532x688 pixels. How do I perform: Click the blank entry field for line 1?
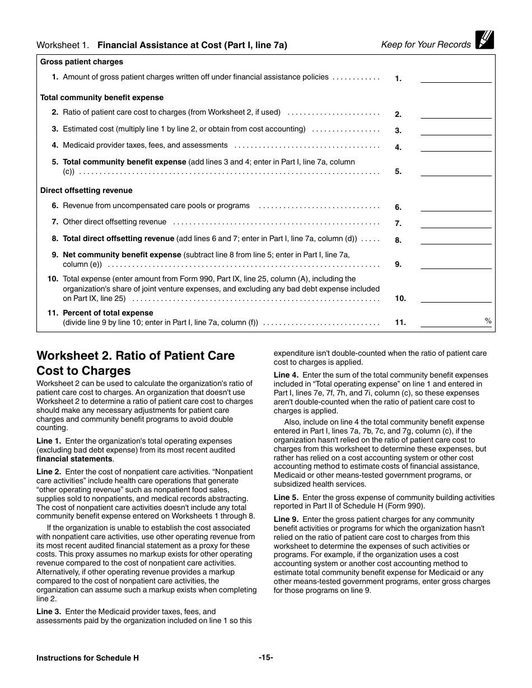(x=455, y=78)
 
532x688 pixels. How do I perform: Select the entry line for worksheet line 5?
(x=455, y=171)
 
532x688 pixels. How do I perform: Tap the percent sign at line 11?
(x=488, y=321)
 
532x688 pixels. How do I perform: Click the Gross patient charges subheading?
(x=82, y=62)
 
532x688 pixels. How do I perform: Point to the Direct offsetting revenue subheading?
(x=86, y=191)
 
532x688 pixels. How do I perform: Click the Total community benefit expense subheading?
(x=102, y=97)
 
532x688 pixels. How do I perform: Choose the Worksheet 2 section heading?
(x=136, y=363)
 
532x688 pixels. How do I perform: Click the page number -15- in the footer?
(x=266, y=658)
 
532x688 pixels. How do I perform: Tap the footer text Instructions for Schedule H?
(x=87, y=658)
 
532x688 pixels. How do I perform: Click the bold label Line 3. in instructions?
(x=49, y=612)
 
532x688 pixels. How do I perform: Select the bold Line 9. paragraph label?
(x=286, y=520)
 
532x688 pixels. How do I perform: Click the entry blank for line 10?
(x=455, y=298)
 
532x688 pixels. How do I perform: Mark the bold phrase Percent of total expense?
(x=108, y=313)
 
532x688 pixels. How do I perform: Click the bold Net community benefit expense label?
(x=122, y=255)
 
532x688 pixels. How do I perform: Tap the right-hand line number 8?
(x=398, y=241)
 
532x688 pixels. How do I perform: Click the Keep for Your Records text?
(x=426, y=45)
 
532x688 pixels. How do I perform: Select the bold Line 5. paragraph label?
(x=286, y=497)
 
